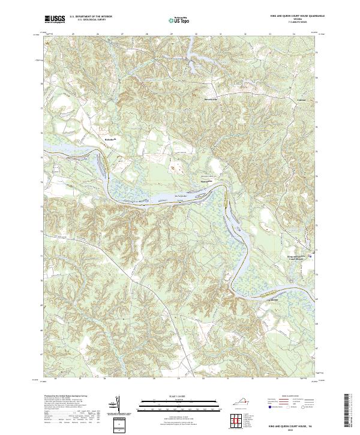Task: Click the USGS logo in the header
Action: coord(55,19)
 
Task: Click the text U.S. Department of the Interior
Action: coord(91,17)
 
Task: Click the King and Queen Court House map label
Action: coord(296,257)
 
